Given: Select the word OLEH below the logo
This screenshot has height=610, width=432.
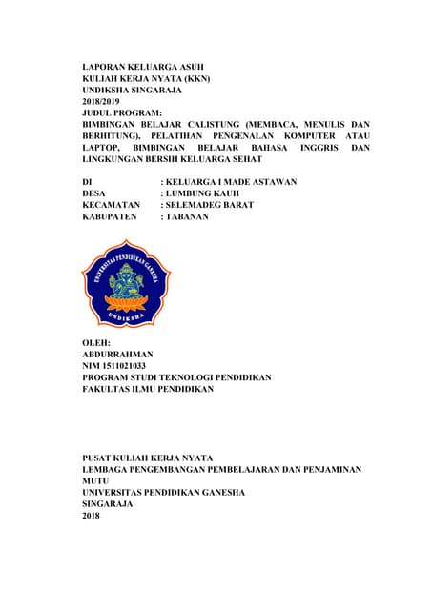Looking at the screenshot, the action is [x=97, y=342].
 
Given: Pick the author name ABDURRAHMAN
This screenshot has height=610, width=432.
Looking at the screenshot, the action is [x=118, y=354].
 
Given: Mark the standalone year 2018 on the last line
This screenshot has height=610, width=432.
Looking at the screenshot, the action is [x=93, y=516].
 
